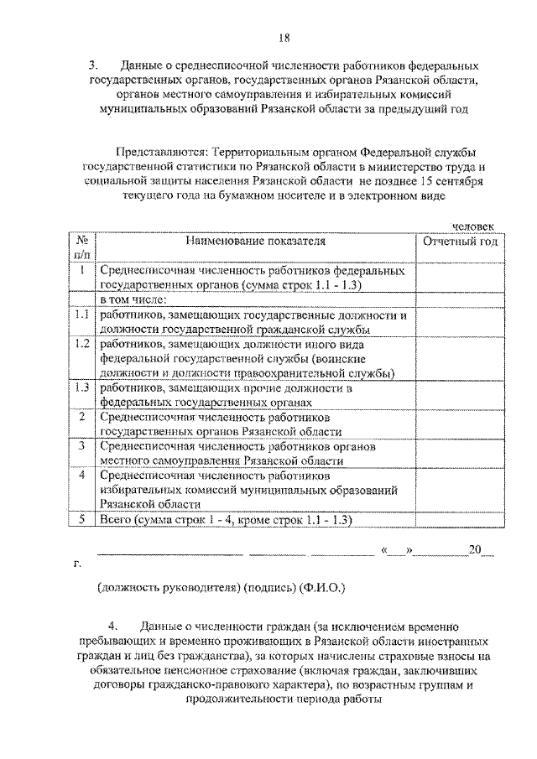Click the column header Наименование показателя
256,242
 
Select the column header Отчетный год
460,242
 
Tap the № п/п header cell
82,248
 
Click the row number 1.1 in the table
82,315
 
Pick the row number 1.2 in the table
82,344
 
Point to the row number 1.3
82,387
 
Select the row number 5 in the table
82,519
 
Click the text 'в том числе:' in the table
134,299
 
